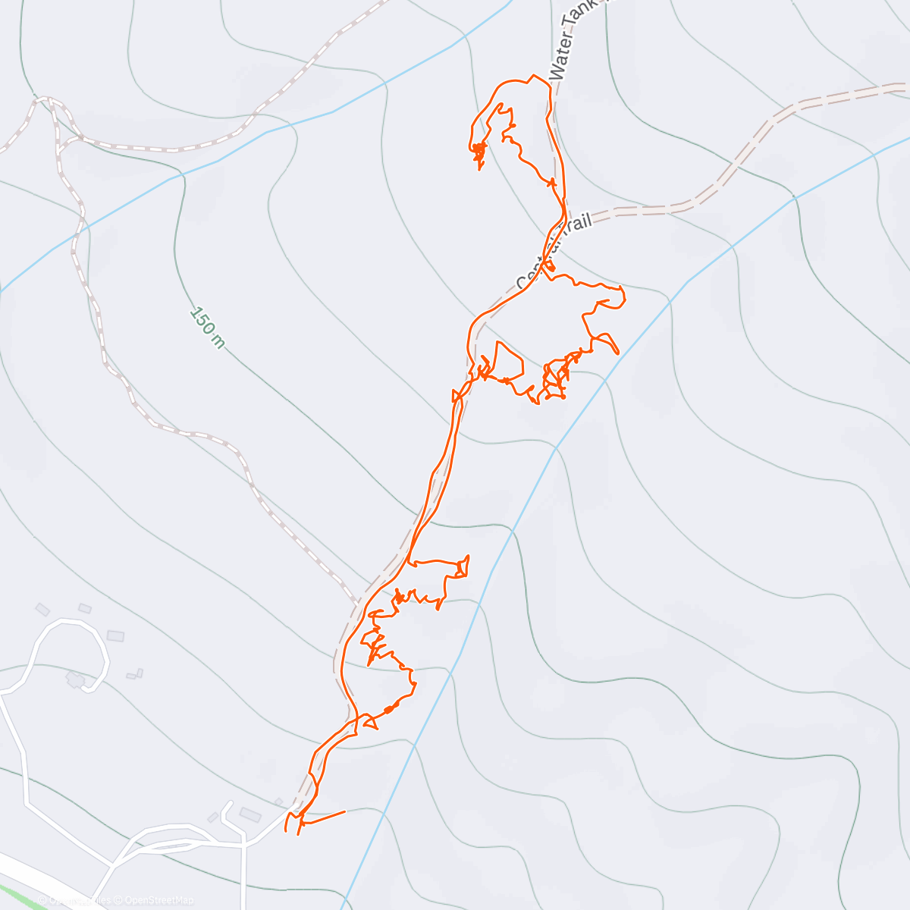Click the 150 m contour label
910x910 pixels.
207,328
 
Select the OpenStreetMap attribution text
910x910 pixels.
158,900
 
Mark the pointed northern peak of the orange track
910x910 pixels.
535,76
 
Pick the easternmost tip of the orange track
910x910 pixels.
624,297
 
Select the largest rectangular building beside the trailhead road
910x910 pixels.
250,815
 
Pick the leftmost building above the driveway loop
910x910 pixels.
42,609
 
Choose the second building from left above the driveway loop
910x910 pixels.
85,608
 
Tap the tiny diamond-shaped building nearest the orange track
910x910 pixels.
278,802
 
